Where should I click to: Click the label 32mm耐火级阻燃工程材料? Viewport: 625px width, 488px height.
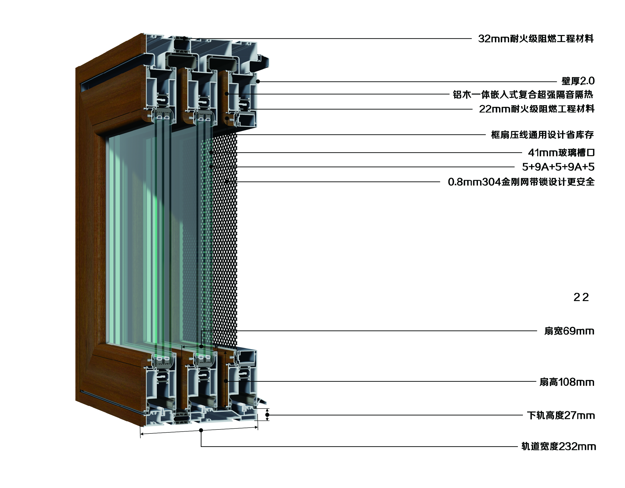click(x=536, y=38)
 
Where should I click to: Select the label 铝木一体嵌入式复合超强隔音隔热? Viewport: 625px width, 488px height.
click(x=523, y=94)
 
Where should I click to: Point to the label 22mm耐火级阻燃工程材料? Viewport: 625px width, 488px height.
click(x=537, y=109)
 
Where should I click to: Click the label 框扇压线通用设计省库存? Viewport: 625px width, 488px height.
click(x=542, y=135)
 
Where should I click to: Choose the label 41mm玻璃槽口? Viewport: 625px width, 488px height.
click(x=561, y=153)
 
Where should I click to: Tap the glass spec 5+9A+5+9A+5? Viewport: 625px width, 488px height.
click(x=558, y=167)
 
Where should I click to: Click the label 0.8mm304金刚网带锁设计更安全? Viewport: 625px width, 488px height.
click(x=521, y=182)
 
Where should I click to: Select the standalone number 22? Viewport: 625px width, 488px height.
click(x=581, y=297)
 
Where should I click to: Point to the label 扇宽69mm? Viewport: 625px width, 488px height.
click(x=569, y=331)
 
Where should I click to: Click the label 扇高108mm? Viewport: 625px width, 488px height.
click(x=567, y=382)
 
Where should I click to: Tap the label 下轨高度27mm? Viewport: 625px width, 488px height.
click(x=561, y=415)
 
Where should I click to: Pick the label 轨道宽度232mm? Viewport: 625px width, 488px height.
click(x=558, y=446)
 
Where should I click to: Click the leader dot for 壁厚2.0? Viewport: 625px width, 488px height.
click(x=258, y=81)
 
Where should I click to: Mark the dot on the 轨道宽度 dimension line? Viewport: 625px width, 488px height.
click(x=201, y=430)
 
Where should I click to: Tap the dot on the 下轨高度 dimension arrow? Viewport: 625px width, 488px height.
click(x=267, y=415)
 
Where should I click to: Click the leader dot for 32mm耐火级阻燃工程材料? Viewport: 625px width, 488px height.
click(x=185, y=38)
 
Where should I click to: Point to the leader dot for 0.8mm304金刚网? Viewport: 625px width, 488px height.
click(x=226, y=181)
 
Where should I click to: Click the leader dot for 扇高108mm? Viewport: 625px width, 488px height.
click(x=226, y=381)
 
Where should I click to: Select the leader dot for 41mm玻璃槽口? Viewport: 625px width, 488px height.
click(x=211, y=153)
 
